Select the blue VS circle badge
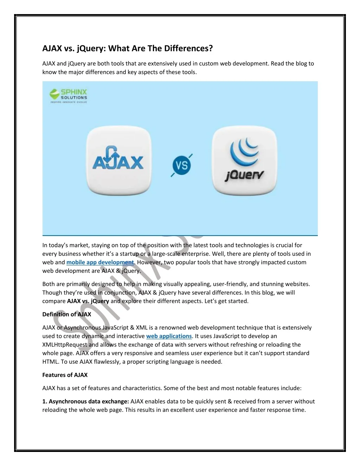coord(181,165)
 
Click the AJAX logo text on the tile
coord(118,163)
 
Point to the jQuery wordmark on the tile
coord(244,175)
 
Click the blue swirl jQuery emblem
coord(244,150)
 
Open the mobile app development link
coord(100,262)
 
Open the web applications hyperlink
coord(169,336)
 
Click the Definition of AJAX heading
coord(66,314)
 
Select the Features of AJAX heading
coord(65,375)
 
